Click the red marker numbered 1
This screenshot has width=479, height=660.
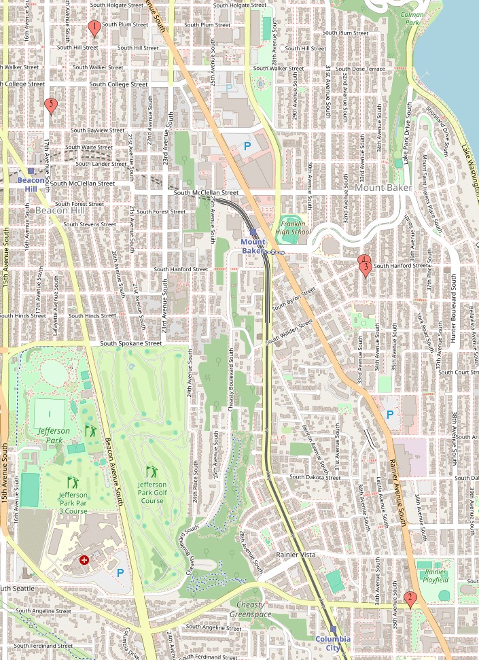[x=94, y=28]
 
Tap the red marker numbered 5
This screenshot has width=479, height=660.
[x=50, y=105]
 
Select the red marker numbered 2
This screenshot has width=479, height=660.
[x=410, y=598]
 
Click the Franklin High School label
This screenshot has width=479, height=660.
[x=294, y=228]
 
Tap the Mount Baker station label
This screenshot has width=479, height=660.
[x=253, y=246]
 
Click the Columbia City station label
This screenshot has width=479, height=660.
[x=333, y=643]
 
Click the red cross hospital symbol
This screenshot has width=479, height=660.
[x=84, y=560]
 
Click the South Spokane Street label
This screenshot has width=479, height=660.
[x=132, y=343]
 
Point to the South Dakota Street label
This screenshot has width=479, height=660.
[x=315, y=477]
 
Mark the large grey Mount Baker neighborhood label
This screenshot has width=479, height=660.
[x=379, y=187]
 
